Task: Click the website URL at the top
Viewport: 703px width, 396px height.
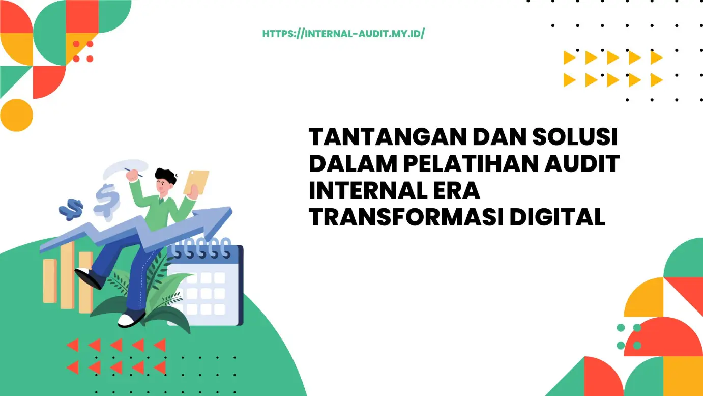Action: pyautogui.click(x=343, y=34)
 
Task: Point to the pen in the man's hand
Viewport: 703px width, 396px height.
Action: pyautogui.click(x=136, y=172)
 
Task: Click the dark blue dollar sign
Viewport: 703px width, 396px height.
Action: pyautogui.click(x=71, y=209)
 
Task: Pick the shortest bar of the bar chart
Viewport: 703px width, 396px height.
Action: pyautogui.click(x=49, y=280)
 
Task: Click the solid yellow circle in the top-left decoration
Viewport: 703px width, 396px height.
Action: pyautogui.click(x=16, y=115)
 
